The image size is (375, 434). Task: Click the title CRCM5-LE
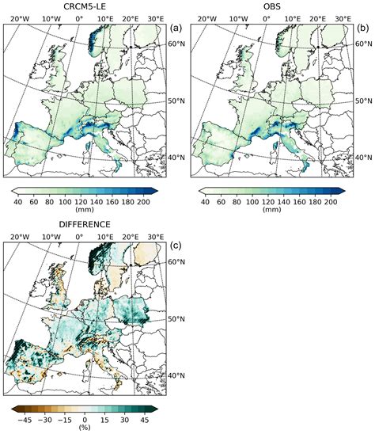tap(85, 6)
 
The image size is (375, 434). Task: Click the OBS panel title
tap(272, 6)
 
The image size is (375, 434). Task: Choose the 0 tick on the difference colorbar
tap(85, 420)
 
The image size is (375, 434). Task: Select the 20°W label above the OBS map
tap(206, 18)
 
